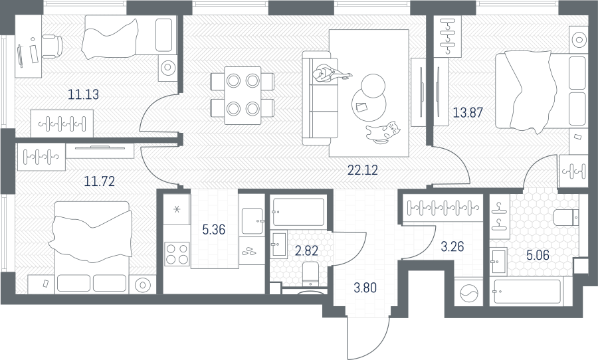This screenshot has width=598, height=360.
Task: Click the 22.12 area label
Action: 363,170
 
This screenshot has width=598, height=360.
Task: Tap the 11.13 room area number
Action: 83,94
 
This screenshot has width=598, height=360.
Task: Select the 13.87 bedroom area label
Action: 468,112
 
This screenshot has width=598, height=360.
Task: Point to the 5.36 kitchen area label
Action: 213,230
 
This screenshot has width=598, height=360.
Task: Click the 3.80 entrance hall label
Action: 365,288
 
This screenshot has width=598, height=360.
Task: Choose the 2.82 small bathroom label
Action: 306,251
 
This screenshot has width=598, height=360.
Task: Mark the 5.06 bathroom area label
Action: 538,255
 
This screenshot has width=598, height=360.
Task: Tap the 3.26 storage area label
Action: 452,246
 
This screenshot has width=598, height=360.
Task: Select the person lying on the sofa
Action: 330,72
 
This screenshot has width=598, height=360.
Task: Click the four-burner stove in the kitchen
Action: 177,254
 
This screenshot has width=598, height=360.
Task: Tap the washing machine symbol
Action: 468,292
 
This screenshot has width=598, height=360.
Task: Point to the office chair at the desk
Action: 52,46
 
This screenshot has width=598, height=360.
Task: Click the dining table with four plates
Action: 243,96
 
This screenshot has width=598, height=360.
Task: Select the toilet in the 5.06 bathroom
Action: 566,218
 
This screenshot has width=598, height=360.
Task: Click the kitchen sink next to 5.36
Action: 252,221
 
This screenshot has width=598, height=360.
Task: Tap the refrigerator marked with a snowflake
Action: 177,209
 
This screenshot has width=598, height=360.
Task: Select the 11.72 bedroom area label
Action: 99,181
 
